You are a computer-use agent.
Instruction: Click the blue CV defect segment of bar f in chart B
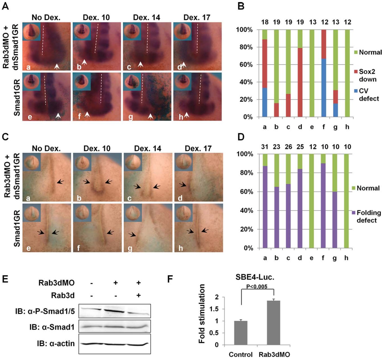tap(324, 88)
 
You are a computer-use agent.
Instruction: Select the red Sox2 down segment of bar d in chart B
tap(300, 82)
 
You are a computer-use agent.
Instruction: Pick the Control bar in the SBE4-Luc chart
tap(241, 333)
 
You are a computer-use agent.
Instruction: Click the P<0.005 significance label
tap(257, 287)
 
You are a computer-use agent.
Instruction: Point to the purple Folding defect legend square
tap(353, 213)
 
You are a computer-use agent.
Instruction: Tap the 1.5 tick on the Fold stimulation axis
tap(214, 309)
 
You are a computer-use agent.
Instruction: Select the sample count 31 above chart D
tap(265, 147)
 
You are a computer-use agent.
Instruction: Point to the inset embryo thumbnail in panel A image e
tap(31, 81)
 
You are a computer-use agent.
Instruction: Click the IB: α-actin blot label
tap(55, 344)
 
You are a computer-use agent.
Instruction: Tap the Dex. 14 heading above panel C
tap(147, 148)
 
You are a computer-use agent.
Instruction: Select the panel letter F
tap(170, 279)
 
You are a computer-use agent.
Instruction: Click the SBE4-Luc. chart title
tap(255, 277)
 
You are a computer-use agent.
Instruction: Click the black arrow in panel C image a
tap(60, 182)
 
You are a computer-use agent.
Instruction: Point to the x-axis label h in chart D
tap(346, 258)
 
